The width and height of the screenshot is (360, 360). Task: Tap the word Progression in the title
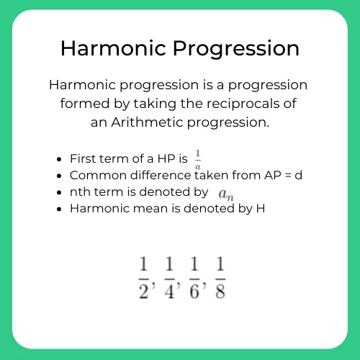[x=231, y=48]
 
